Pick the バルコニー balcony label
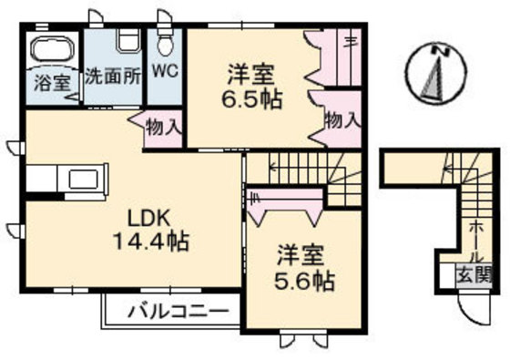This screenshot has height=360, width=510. click(172, 312)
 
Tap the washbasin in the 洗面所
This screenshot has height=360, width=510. click(126, 41)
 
